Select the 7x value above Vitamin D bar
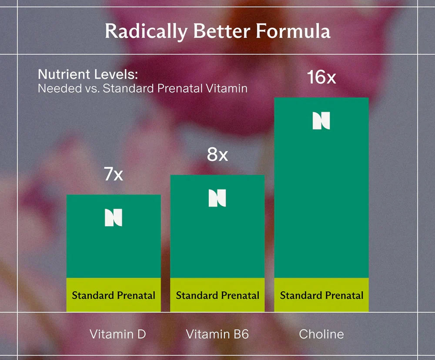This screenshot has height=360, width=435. pos(114,175)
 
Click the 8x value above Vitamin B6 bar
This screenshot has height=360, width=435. pos(217,155)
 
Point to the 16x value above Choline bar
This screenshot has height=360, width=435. pos(321,78)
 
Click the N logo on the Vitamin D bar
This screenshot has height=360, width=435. pos(114,217)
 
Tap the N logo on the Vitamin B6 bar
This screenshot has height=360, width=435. pos(217,198)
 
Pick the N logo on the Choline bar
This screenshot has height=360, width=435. pos(321,120)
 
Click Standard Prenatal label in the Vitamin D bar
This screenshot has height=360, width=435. pos(114,296)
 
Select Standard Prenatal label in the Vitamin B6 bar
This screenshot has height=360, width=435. pos(217,296)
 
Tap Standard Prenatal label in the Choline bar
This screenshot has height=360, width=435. pos(321,296)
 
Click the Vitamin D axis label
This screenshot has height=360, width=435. pos(118,334)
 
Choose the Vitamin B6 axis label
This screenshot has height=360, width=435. pos(217,334)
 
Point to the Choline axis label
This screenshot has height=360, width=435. pos(321,334)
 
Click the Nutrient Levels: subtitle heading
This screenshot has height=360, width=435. pos(87,74)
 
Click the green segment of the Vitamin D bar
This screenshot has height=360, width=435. pos(114,252)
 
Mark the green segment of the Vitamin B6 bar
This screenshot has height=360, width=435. pos(217,243)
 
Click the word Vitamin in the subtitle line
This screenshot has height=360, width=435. pos(226,88)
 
